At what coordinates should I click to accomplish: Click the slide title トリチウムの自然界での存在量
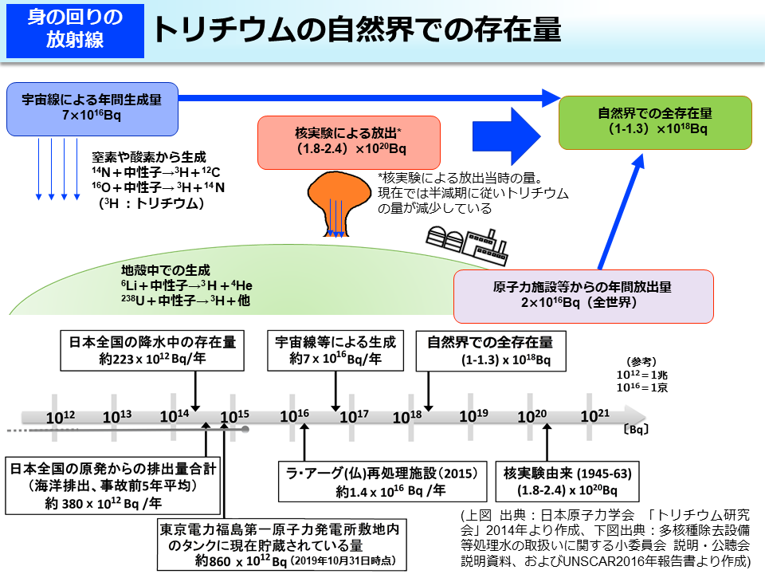[x=356, y=29]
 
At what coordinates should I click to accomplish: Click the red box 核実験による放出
[x=348, y=141]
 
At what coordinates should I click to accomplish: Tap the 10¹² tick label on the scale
[x=61, y=416]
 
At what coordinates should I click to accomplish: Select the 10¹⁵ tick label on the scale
[x=235, y=416]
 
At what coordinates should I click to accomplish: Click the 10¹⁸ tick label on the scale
[x=406, y=415]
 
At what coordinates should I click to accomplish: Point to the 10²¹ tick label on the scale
[x=594, y=415]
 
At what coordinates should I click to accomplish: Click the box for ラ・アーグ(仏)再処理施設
[x=382, y=482]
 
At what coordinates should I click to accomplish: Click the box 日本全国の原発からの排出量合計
[x=113, y=485]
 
